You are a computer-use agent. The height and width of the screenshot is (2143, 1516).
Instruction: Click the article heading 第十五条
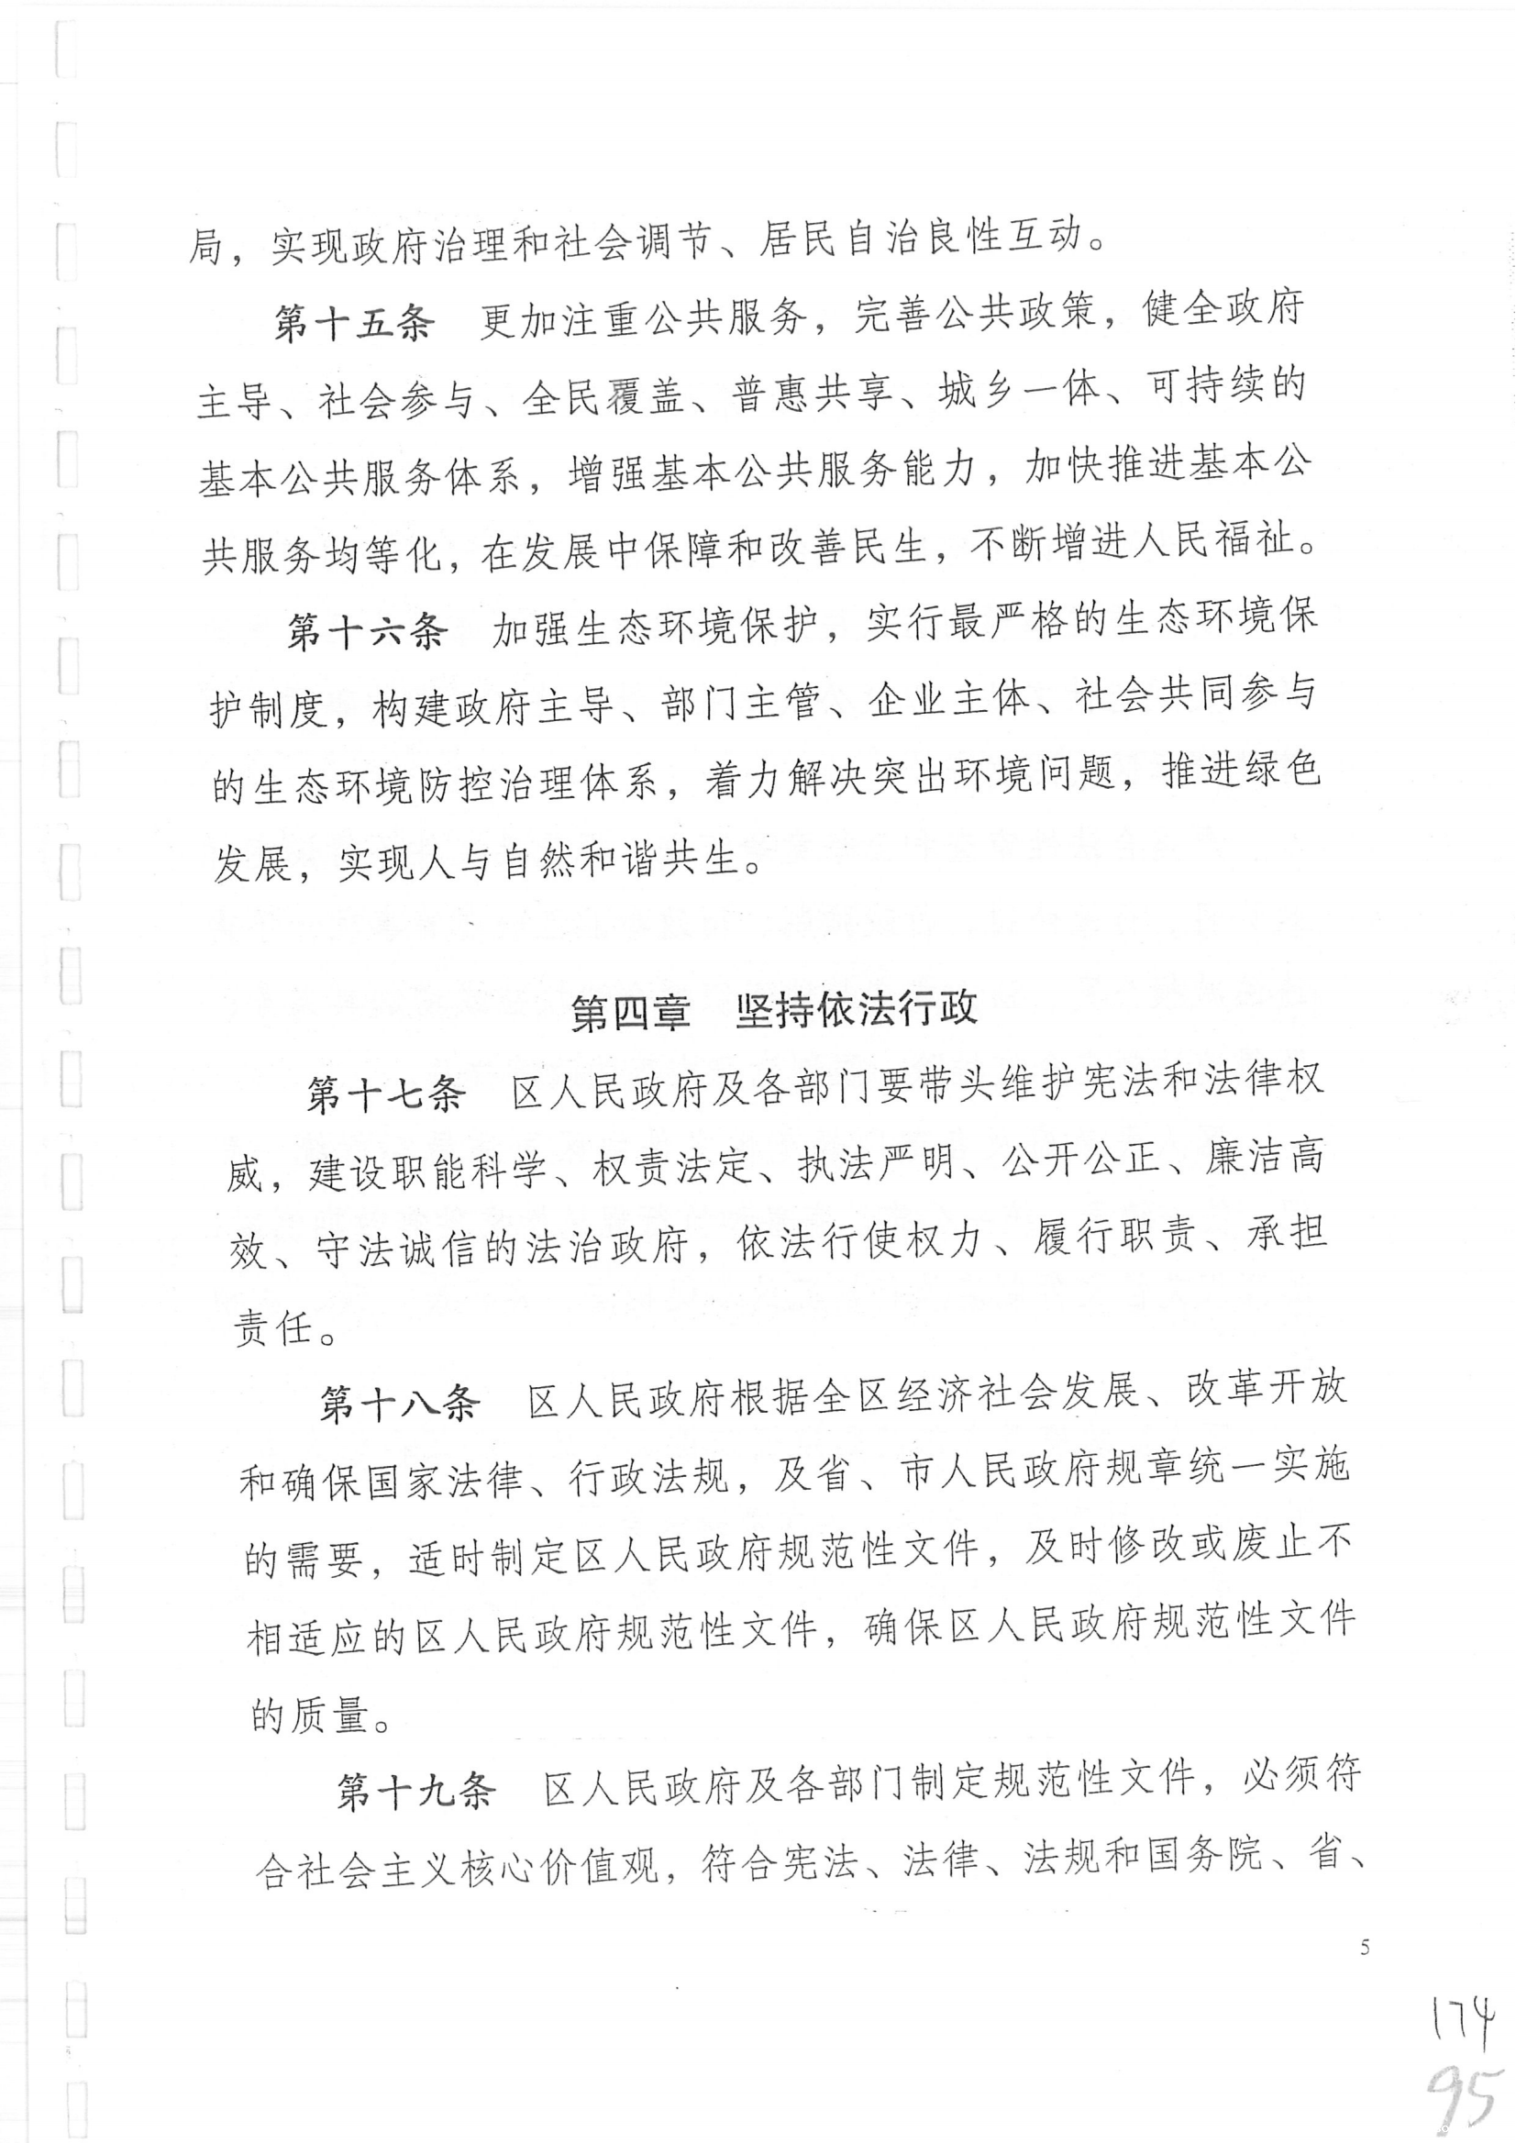tap(354, 322)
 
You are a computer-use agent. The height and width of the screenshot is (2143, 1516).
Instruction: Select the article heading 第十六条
tap(367, 632)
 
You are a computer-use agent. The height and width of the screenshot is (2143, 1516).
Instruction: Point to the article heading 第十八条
tap(400, 1404)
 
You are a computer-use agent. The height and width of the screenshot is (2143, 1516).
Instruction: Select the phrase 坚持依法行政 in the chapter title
tap(856, 1008)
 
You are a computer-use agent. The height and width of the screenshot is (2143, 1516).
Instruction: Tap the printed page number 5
tap(1365, 1948)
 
